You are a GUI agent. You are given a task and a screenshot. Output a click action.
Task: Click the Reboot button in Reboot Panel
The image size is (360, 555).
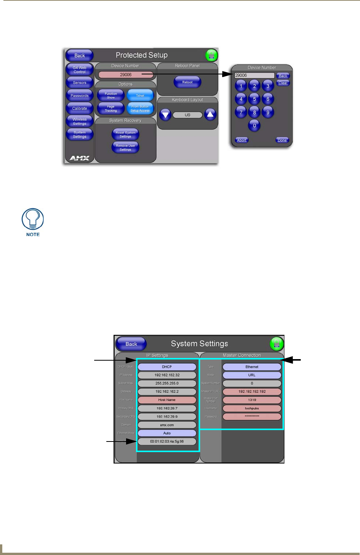187,82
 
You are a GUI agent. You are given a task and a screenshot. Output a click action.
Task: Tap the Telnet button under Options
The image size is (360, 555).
140,95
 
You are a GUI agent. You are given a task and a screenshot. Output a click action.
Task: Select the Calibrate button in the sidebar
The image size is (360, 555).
80,109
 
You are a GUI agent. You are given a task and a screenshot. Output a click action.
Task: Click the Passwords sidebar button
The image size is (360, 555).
80,96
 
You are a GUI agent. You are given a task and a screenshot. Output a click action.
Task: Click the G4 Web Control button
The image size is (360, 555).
80,70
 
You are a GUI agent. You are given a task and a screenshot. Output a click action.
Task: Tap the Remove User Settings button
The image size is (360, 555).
125,148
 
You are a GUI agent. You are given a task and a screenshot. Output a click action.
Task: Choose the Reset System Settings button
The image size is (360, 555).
125,134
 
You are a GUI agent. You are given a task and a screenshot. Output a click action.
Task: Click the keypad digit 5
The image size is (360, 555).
254,99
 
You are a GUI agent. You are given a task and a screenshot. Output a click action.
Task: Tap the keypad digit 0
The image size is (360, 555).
254,125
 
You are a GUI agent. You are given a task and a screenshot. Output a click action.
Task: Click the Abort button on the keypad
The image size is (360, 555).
242,140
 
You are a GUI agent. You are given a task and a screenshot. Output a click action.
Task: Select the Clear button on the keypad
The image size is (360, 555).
283,83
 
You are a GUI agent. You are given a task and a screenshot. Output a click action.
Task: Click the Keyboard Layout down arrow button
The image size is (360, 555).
165,115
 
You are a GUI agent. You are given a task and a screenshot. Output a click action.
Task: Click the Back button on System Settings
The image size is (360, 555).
131,344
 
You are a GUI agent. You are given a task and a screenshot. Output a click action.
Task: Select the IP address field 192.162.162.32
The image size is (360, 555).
167,375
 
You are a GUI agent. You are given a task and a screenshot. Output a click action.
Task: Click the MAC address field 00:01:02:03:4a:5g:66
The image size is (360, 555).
167,441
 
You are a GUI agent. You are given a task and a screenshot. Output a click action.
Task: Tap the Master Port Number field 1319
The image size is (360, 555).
252,400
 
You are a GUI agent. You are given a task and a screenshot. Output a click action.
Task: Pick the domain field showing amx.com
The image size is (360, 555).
167,425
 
